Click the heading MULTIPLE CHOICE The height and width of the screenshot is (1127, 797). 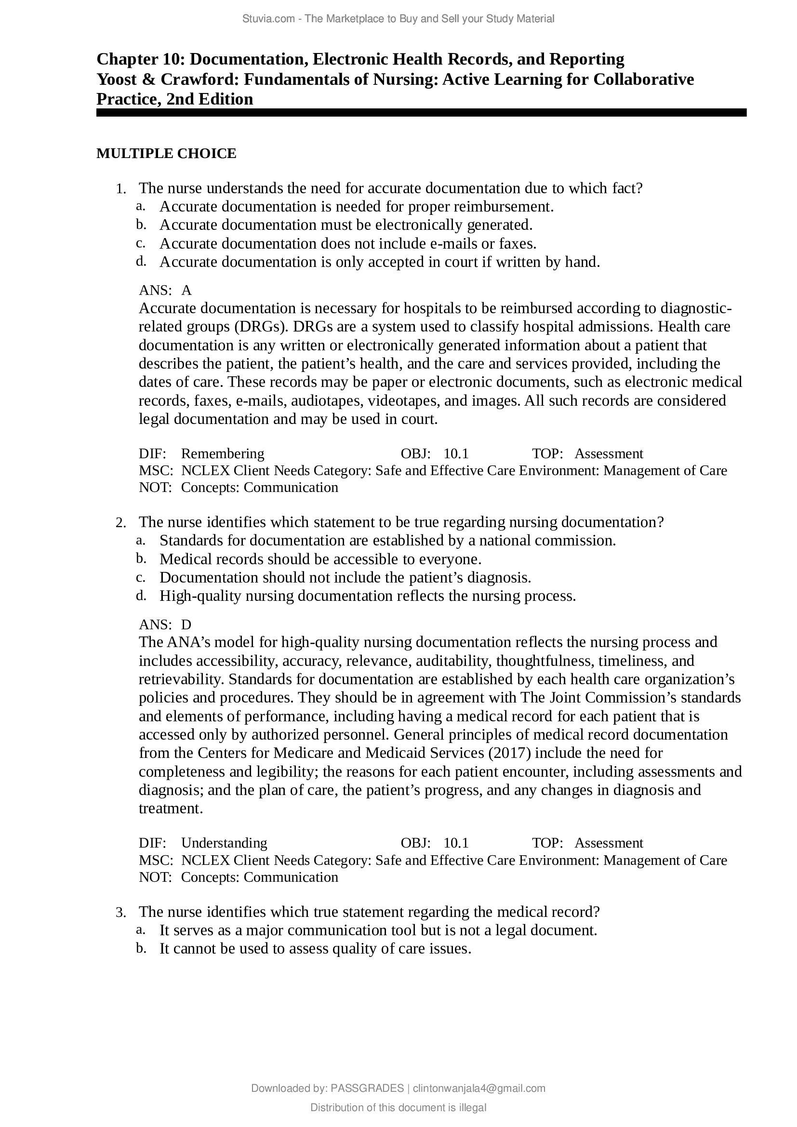point(166,154)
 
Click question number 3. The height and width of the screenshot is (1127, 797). point(121,913)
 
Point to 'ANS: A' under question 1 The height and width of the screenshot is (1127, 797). point(165,291)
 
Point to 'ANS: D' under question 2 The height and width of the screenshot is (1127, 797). point(165,624)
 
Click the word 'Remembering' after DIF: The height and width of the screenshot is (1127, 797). point(222,453)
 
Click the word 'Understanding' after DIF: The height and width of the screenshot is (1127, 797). point(224,843)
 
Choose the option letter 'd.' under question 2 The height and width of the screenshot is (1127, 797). point(141,596)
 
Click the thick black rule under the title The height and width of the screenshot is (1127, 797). point(421,113)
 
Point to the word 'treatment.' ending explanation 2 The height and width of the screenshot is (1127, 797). point(171,809)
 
